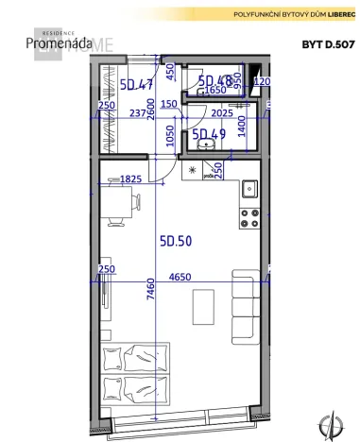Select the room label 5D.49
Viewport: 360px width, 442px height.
click(x=209, y=135)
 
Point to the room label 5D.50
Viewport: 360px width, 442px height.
click(x=175, y=241)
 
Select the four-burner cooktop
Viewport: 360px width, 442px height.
click(x=250, y=218)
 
